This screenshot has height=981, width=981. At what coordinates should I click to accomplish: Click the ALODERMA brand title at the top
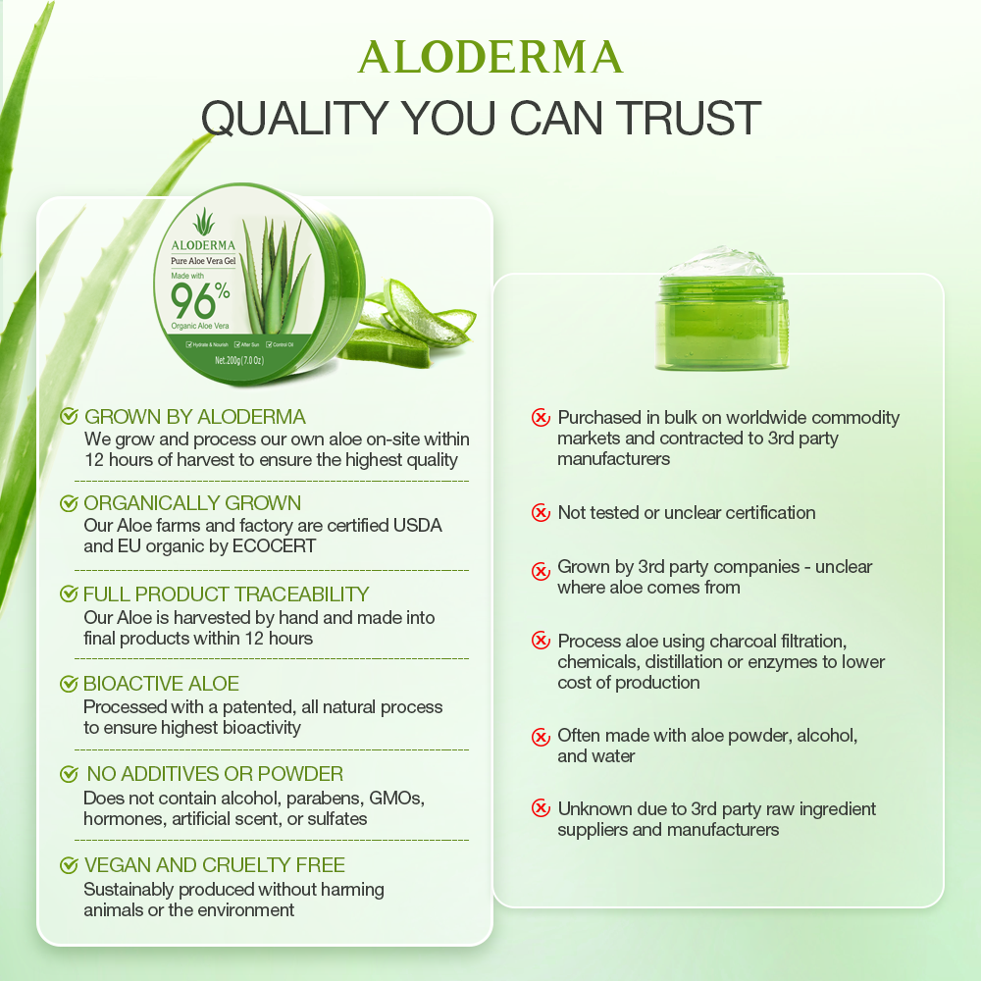tap(490, 57)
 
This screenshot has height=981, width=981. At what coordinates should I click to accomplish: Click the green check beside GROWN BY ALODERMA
tap(69, 417)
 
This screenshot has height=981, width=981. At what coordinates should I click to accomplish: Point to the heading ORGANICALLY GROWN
tap(192, 503)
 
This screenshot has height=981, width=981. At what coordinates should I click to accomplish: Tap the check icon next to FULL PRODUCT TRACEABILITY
tap(69, 594)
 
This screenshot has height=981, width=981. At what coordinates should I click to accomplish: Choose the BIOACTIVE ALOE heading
tap(162, 684)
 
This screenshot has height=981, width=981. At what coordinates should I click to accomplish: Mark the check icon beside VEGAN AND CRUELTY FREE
tap(69, 865)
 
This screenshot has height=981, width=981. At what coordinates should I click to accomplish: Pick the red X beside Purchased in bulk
tap(541, 418)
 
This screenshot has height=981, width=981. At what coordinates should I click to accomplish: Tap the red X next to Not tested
tap(541, 512)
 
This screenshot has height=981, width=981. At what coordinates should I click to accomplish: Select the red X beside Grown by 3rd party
tap(541, 570)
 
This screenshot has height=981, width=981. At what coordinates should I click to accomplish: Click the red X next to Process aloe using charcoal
tap(541, 641)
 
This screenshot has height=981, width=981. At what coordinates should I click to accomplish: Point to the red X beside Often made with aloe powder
tap(541, 737)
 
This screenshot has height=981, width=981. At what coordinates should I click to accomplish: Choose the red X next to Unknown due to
tap(541, 808)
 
